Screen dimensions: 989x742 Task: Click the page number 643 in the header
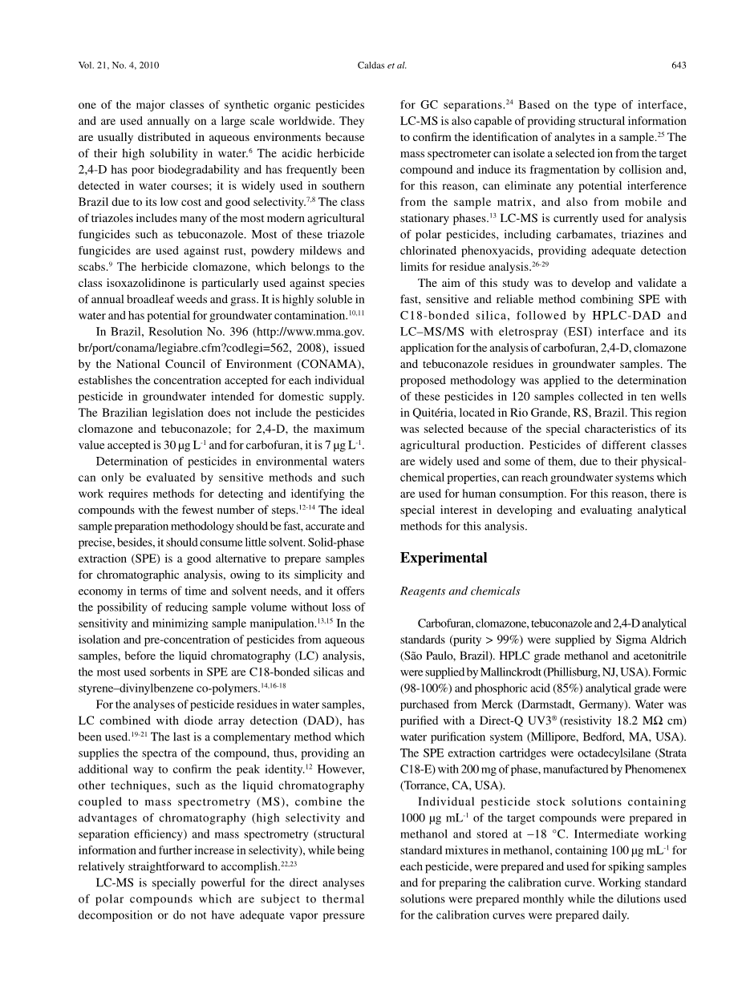pos(677,66)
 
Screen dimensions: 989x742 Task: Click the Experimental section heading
pos(444,558)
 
